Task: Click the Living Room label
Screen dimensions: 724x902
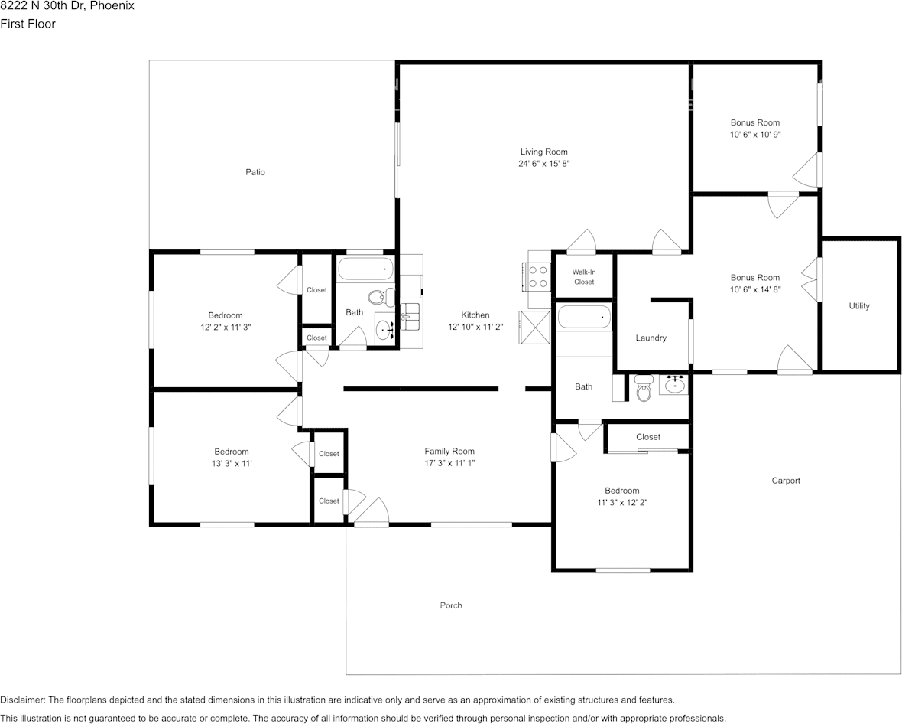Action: coord(543,152)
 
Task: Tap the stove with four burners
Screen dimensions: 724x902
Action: coord(538,276)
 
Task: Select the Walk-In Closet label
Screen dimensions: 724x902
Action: coord(583,277)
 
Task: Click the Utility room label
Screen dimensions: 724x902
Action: coord(858,306)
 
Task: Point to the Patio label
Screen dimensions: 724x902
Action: coord(255,172)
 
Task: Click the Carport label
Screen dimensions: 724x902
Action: coord(785,481)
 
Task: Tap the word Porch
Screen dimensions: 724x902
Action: coord(450,605)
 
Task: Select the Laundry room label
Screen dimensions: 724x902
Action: coord(651,338)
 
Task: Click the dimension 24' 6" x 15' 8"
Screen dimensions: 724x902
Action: coord(543,164)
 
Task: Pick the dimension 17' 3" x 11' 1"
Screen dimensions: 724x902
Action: coord(449,463)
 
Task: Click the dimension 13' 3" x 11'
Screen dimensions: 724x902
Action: coord(231,463)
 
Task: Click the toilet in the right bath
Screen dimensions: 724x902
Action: coord(644,389)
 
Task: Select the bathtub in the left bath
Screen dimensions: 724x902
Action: coord(365,269)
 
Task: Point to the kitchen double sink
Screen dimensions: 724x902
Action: coord(410,314)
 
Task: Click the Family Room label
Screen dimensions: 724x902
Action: coord(449,452)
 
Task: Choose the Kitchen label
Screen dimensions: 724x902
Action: coord(475,315)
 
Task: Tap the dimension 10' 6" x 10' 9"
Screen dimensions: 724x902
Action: coord(754,134)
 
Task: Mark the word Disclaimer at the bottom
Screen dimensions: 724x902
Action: coord(22,700)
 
